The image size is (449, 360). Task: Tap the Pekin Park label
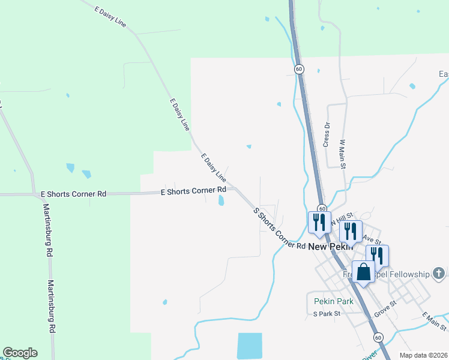pos(333,301)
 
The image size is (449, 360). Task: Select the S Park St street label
pos(327,313)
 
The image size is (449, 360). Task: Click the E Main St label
pos(434,322)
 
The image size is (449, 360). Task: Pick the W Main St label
pos(343,154)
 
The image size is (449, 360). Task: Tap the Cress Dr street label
pos(327,135)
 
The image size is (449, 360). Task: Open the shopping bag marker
pos(364,272)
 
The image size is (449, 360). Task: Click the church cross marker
pos(440,274)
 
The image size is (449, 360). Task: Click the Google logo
pos(20,353)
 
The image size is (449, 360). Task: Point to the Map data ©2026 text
pos(423,355)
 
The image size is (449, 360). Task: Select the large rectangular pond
pos(250,346)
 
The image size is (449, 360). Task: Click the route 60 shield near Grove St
pos(378,338)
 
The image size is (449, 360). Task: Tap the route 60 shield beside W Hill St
pos(322,209)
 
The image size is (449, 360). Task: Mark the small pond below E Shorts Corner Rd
pos(221,200)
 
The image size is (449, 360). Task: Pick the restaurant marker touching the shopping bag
pos(378,256)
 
